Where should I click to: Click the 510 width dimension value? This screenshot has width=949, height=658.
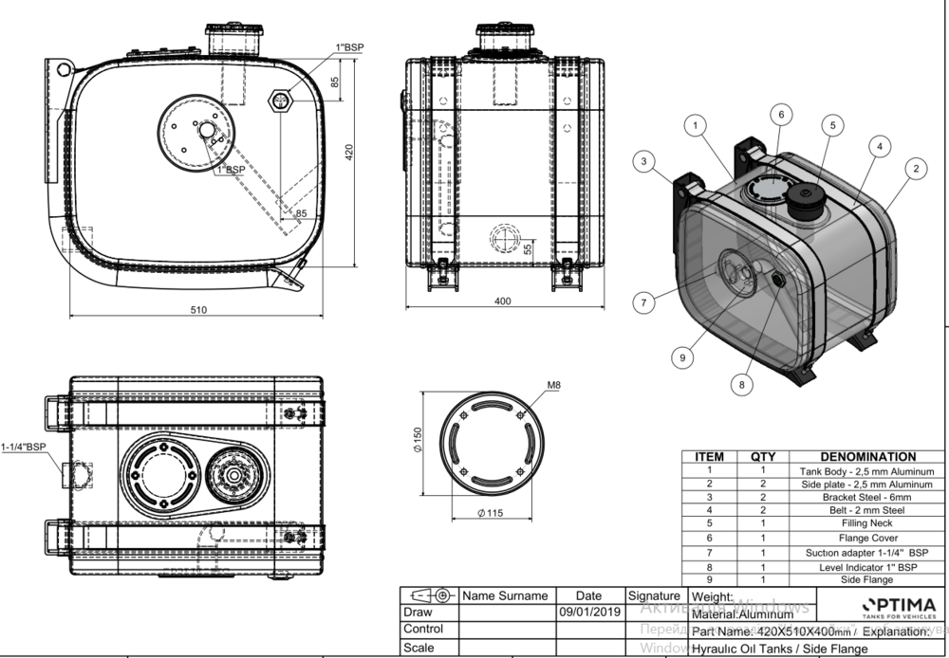(x=198, y=308)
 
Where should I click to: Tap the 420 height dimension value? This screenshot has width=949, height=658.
(x=350, y=152)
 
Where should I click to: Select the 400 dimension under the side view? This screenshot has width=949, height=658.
(x=503, y=302)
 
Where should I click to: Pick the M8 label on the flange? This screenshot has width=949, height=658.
(x=554, y=386)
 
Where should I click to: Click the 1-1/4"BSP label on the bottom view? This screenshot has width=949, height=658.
(x=24, y=446)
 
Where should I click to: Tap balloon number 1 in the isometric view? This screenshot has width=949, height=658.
(x=696, y=124)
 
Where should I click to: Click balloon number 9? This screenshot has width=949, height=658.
(x=682, y=356)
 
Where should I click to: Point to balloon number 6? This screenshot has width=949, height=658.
(x=780, y=114)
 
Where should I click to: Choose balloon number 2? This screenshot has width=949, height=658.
(x=915, y=169)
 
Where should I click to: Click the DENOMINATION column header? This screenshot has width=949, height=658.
(x=867, y=456)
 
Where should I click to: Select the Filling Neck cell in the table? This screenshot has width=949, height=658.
(x=867, y=522)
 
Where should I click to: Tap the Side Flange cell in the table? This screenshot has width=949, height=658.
(x=867, y=578)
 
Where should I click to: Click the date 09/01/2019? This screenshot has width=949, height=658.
(x=588, y=612)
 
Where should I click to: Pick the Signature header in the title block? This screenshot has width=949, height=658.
(x=653, y=595)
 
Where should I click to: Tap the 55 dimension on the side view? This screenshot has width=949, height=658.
(x=528, y=246)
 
